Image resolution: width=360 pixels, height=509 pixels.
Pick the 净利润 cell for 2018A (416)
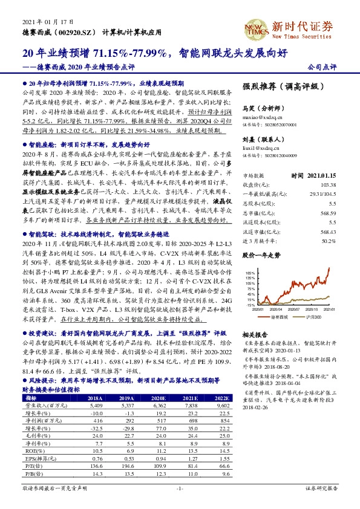(x=95, y=420)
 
